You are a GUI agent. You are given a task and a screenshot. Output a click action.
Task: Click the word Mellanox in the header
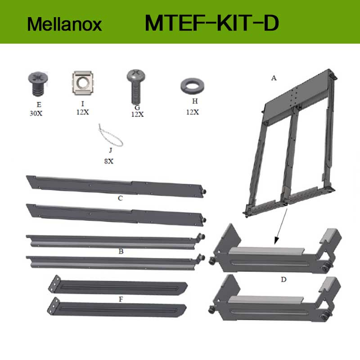click(x=64, y=24)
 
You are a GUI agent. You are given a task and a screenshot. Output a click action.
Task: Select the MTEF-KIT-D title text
click(x=212, y=23)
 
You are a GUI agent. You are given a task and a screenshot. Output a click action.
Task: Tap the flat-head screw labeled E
click(x=38, y=84)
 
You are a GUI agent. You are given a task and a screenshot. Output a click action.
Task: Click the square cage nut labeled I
click(x=82, y=83)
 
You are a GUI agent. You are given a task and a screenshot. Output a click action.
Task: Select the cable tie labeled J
click(x=111, y=135)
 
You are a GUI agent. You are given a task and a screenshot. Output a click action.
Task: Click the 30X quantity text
click(x=36, y=113)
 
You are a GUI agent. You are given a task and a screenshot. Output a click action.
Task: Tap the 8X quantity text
click(x=109, y=161)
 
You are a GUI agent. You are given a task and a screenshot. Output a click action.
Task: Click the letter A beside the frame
click(x=274, y=78)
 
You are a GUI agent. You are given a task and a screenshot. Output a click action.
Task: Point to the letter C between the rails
click(x=120, y=198)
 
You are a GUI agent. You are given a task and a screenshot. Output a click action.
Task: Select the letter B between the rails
click(x=121, y=252)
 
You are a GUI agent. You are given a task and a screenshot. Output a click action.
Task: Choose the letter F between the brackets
click(x=121, y=299)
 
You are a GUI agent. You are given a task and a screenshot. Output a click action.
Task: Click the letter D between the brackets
click(x=283, y=279)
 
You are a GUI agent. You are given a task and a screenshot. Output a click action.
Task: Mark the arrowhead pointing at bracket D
click(x=277, y=241)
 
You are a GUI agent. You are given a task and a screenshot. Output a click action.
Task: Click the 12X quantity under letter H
click(x=193, y=112)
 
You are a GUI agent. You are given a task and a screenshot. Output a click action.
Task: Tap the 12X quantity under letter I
click(x=83, y=112)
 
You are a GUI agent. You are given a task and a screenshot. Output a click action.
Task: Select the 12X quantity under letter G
click(x=138, y=114)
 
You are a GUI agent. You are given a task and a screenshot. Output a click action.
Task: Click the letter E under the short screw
click(x=39, y=105)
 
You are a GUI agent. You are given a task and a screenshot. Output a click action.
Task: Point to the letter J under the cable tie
click(x=111, y=150)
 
